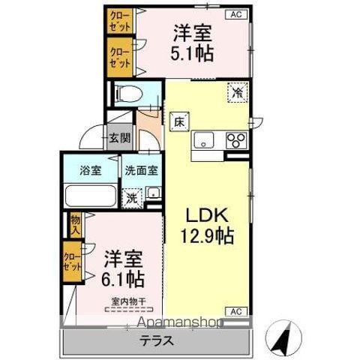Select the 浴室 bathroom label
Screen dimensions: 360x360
tap(91, 170)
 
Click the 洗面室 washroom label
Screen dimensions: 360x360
tap(141, 170)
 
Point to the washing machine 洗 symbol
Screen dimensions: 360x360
tap(132, 198)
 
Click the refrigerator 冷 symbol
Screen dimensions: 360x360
tap(238, 93)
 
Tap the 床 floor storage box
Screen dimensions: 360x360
tap(180, 120)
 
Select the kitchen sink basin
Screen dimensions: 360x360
tap(203, 140)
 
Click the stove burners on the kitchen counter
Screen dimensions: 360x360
tap(236, 140)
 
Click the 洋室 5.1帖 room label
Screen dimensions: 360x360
tap(193, 43)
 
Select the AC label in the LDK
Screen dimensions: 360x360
tap(234, 310)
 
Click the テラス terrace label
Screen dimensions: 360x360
tap(157, 340)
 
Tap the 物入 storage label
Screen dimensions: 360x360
tap(75, 223)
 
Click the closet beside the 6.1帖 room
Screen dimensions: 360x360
tap(73, 262)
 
